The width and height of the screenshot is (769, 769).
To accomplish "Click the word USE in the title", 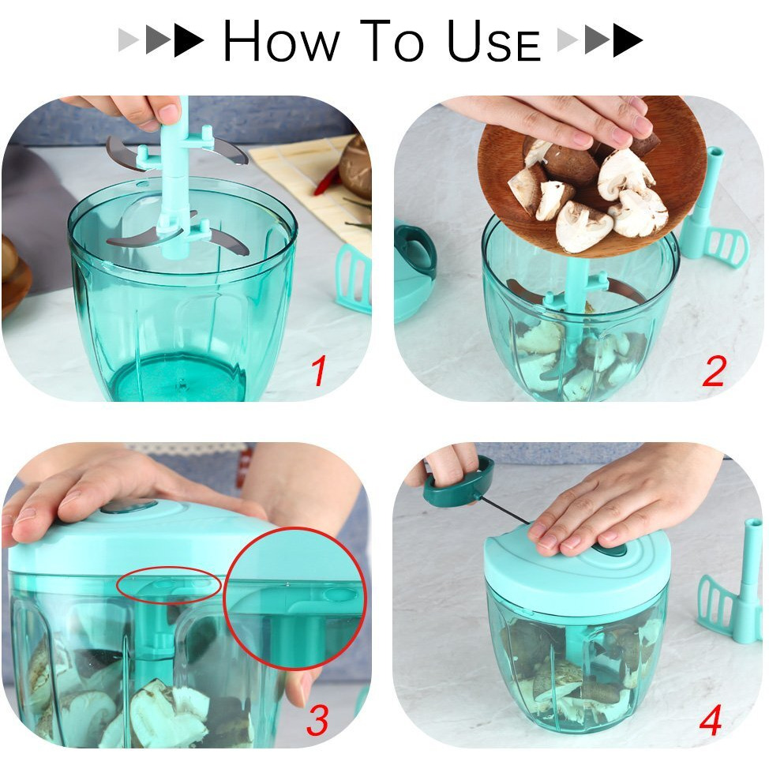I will [x=493, y=41].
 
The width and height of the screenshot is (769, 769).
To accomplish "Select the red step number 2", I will [x=713, y=371].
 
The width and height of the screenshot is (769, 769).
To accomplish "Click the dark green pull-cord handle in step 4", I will [x=459, y=482].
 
